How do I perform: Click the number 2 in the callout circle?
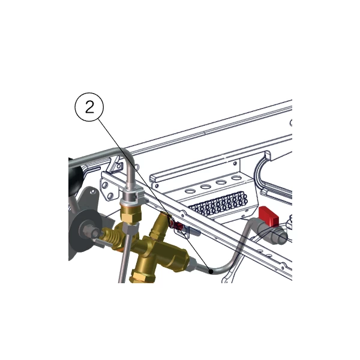[x=89, y=107]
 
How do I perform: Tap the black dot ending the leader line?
[x=211, y=271]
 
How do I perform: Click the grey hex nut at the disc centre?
[x=90, y=231]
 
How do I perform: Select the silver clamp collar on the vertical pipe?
[x=132, y=194]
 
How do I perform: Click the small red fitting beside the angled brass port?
[x=177, y=226]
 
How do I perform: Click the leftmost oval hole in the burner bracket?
[x=190, y=191]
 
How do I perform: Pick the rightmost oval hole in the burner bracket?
[x=236, y=178]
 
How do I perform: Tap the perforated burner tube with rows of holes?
[x=219, y=205]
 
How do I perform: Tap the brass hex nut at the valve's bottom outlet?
[x=139, y=277]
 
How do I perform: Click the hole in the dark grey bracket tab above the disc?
[x=92, y=191]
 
